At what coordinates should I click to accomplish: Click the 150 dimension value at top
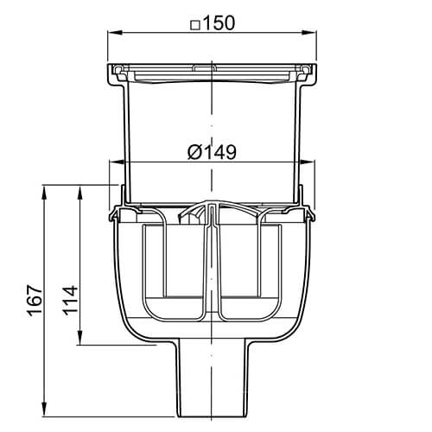[219, 22]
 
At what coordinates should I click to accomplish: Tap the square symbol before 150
[194, 23]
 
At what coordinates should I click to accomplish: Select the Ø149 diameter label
[212, 152]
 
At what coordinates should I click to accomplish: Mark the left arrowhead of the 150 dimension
[111, 34]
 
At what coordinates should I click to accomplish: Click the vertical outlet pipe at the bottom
[212, 380]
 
